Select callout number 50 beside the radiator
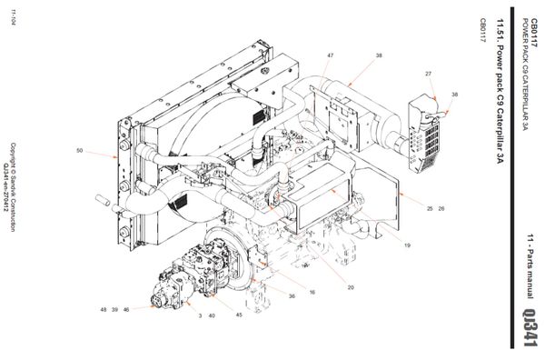point(80,151)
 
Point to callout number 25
point(430,208)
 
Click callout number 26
point(441,208)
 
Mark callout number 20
point(351,287)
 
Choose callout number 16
point(312,293)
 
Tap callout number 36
point(292,296)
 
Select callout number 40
point(211,315)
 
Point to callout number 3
point(199,315)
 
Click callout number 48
point(104,310)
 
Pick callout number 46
point(126,310)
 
